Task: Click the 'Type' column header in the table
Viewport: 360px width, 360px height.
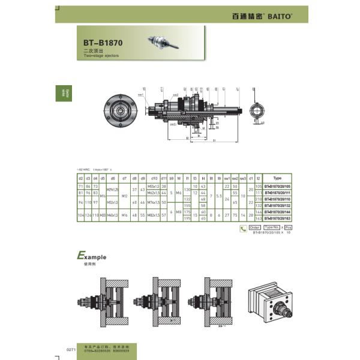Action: tap(277, 178)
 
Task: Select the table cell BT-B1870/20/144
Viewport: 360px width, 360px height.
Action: tap(277, 212)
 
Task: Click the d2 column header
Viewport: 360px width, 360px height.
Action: tap(80, 178)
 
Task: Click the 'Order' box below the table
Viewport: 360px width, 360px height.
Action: tap(254, 228)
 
